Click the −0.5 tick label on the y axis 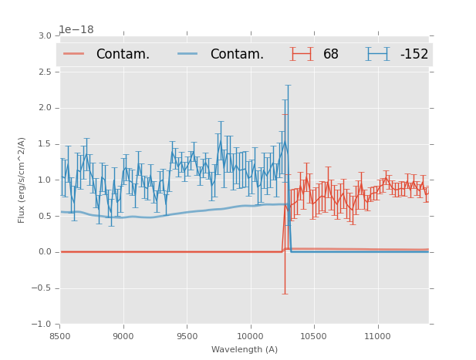tap(42, 288)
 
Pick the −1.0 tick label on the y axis tap(42, 325)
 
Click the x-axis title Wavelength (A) tap(244, 350)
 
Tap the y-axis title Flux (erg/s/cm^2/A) tap(22, 180)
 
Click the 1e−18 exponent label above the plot tap(76, 30)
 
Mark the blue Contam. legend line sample tap(187, 54)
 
